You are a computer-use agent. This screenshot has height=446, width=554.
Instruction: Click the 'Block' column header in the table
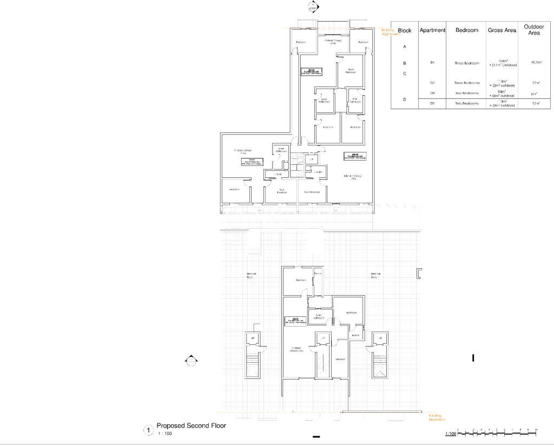405,31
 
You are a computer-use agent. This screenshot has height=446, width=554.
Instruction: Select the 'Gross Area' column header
502,31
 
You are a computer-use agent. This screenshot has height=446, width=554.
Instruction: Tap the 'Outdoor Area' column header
534,30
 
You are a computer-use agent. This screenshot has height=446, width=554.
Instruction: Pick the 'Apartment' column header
432,31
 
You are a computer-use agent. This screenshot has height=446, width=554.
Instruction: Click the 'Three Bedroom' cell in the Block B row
467,63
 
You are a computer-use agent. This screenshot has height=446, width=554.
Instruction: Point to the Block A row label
405,47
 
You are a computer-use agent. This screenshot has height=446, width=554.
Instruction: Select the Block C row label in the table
405,74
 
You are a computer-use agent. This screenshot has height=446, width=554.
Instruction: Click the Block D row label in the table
405,99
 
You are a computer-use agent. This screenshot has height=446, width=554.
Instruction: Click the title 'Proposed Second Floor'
191,426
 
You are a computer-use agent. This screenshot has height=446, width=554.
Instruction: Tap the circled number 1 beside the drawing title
147,430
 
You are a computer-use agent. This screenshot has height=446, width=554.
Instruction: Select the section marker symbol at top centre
312,7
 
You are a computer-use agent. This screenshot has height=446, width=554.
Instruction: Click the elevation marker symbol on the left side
190,361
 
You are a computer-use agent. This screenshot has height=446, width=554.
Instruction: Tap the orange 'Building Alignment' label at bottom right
436,417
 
